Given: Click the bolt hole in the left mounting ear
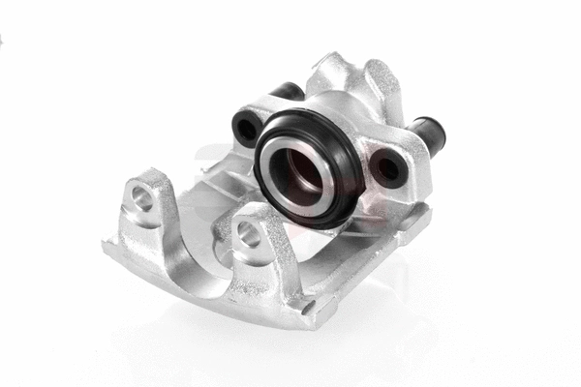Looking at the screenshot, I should (143, 198).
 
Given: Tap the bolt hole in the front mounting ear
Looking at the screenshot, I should (248, 232).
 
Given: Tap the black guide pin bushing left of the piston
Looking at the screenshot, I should (245, 127).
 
